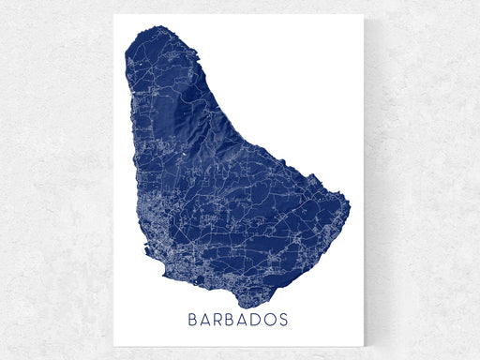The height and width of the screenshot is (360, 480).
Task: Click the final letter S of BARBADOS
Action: (x=284, y=320)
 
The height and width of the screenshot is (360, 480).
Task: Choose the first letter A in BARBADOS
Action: (x=207, y=320)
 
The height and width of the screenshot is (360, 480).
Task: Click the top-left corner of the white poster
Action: (x=113, y=14)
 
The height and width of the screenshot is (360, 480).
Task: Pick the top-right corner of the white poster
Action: (x=367, y=14)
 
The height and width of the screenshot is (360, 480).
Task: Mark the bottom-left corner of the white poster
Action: (x=113, y=347)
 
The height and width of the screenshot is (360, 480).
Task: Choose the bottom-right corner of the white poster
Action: (x=367, y=347)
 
